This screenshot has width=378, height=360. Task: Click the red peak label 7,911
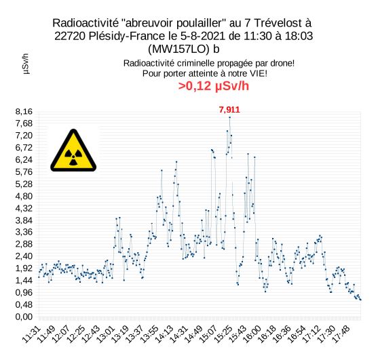[x=229, y=110]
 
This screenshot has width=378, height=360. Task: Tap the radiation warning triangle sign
[x=73, y=151]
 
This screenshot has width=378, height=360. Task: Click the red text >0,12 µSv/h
[x=214, y=86]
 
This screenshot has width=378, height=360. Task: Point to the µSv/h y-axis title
[x=26, y=64]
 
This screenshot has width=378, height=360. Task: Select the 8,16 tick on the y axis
[x=24, y=111]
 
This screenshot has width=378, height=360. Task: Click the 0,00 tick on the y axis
[x=24, y=317]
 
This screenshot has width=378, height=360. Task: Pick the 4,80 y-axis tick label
[x=24, y=196]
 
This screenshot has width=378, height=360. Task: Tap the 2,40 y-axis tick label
[x=24, y=256]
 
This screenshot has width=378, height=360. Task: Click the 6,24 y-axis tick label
[x=24, y=160]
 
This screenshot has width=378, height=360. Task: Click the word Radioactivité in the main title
[x=86, y=23]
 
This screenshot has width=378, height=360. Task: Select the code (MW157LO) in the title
[x=178, y=49]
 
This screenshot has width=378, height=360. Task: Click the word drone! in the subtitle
[x=282, y=63]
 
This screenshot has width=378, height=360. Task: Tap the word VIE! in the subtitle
[x=259, y=73]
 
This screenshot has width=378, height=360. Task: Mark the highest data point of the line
[x=230, y=117]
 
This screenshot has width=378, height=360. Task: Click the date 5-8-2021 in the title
[x=202, y=36]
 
